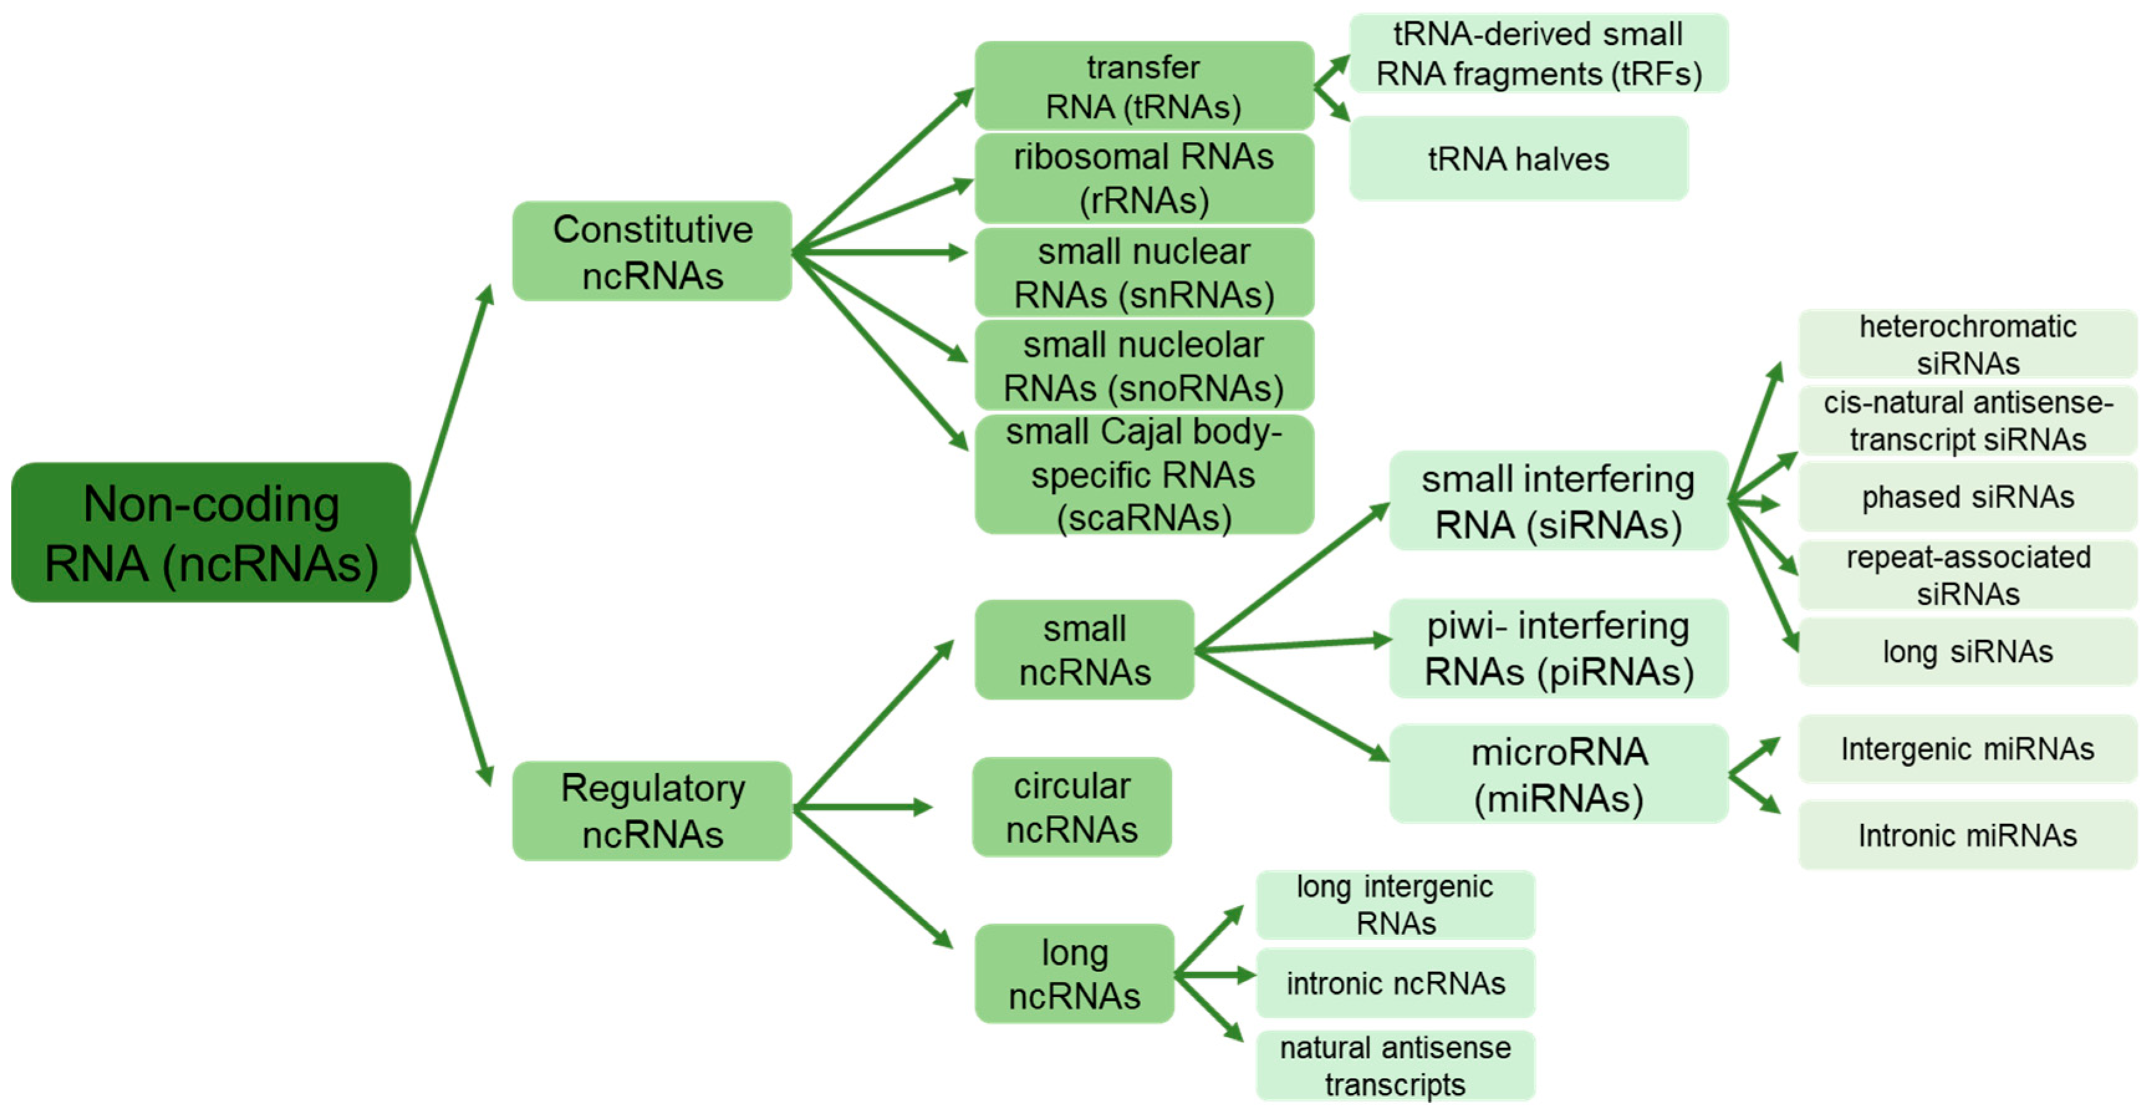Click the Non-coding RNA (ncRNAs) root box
[211, 532]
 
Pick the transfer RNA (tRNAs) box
[1144, 85]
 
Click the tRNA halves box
[1518, 158]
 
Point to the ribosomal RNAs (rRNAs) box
[1144, 178]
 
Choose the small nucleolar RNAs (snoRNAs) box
[1144, 365]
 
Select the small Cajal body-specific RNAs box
[1144, 474]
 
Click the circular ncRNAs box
[1072, 807]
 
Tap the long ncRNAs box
[1074, 973]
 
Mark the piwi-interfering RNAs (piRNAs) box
[1558, 649]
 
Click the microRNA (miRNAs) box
[1558, 774]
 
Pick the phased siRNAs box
[1968, 496]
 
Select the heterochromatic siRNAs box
[1968, 343]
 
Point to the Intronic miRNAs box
[1968, 834]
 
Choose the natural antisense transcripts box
[1395, 1065]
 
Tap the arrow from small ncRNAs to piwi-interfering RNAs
[1291, 644]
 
